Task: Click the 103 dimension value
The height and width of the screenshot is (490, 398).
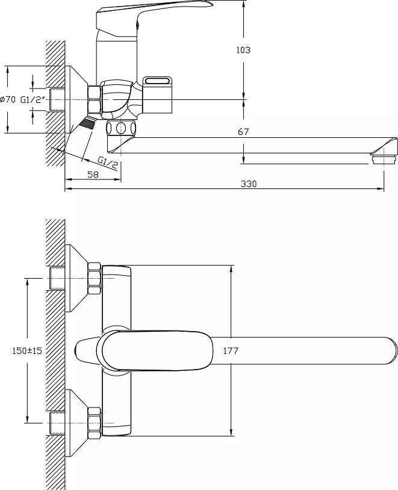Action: pyautogui.click(x=243, y=50)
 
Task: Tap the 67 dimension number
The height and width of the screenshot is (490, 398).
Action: pyautogui.click(x=243, y=132)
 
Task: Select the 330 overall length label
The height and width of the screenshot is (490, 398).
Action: pyautogui.click(x=249, y=184)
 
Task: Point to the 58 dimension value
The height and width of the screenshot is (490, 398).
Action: pyautogui.click(x=93, y=175)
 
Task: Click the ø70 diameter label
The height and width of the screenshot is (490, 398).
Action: pyautogui.click(x=8, y=100)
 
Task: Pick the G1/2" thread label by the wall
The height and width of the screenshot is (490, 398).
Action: pyautogui.click(x=33, y=100)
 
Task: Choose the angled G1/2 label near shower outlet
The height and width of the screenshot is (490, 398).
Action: pyautogui.click(x=108, y=163)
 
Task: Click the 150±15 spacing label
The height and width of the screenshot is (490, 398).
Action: pyautogui.click(x=27, y=350)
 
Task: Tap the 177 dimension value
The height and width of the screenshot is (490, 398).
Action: pyautogui.click(x=231, y=350)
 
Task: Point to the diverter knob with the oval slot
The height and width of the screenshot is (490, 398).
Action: pyautogui.click(x=157, y=94)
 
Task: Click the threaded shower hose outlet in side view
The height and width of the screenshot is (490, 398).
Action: pyautogui.click(x=87, y=122)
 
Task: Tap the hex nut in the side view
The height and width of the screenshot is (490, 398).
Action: pyautogui.click(x=95, y=99)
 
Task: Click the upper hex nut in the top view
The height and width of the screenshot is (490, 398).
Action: pyautogui.click(x=95, y=278)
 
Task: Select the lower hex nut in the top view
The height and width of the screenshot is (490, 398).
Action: pyautogui.click(x=95, y=423)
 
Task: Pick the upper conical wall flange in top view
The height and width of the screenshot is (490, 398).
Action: pyautogui.click(x=77, y=278)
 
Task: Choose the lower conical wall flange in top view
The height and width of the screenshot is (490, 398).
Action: pyautogui.click(x=77, y=423)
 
